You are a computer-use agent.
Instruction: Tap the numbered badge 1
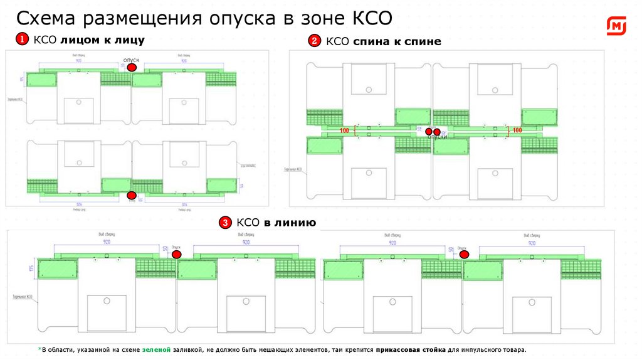pyautogui.click(x=21, y=40)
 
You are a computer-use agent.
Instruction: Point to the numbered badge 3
pyautogui.click(x=224, y=223)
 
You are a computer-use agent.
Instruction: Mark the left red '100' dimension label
pyautogui.click(x=344, y=130)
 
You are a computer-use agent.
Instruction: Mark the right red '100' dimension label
pyautogui.click(x=517, y=130)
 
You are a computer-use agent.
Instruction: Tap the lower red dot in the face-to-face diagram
pyautogui.click(x=131, y=195)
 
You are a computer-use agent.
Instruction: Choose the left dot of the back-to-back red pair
pyautogui.click(x=429, y=131)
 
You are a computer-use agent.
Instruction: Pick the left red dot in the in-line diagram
pyautogui.click(x=176, y=255)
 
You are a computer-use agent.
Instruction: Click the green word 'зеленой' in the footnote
pyautogui.click(x=156, y=349)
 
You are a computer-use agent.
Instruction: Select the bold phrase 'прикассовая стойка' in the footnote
pyautogui.click(x=411, y=349)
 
